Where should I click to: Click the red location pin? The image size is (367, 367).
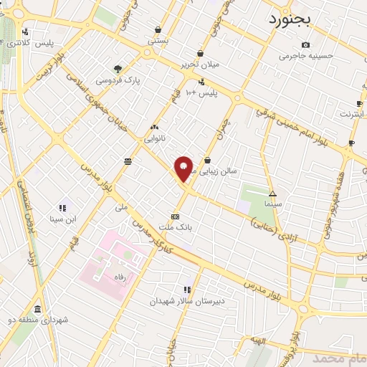pyautogui.click(x=184, y=169)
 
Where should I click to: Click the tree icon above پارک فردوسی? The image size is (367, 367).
pyautogui.click(x=118, y=70)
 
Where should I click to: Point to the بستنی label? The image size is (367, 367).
pyautogui.click(x=158, y=41)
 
